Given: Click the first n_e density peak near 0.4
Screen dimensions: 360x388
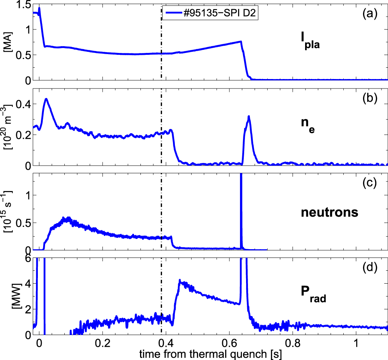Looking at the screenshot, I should point(46,99).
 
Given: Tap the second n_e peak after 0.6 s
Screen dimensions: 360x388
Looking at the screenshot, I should point(249,116).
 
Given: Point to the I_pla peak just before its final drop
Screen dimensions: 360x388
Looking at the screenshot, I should point(240,42).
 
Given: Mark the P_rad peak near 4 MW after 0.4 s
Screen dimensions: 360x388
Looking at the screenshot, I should point(180,281).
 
